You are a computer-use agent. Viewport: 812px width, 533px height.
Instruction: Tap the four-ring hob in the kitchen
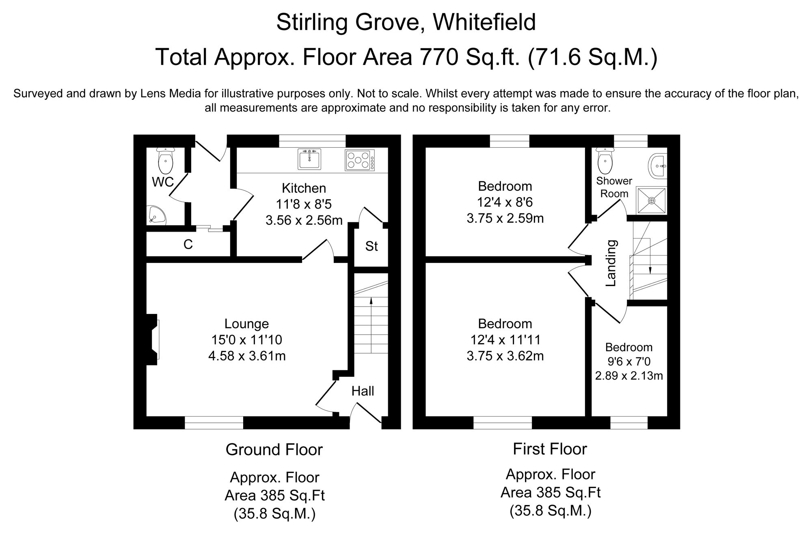tap(359, 160)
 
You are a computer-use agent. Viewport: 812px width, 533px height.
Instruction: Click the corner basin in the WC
tap(157, 215)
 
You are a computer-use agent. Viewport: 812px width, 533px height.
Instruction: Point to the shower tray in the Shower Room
tap(651, 200)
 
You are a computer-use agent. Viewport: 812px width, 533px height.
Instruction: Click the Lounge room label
tap(246, 324)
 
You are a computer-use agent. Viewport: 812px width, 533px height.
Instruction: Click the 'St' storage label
tap(371, 246)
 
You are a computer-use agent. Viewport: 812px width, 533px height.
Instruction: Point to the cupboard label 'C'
tap(188, 245)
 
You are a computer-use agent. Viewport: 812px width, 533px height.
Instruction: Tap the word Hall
tap(363, 391)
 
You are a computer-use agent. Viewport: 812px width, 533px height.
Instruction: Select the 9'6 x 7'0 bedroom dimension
tap(628, 361)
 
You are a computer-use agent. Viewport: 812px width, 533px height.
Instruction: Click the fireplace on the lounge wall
tap(153, 340)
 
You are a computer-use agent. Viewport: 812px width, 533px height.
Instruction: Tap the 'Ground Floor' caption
tap(274, 449)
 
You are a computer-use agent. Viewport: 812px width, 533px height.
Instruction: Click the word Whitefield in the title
tap(484, 22)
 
